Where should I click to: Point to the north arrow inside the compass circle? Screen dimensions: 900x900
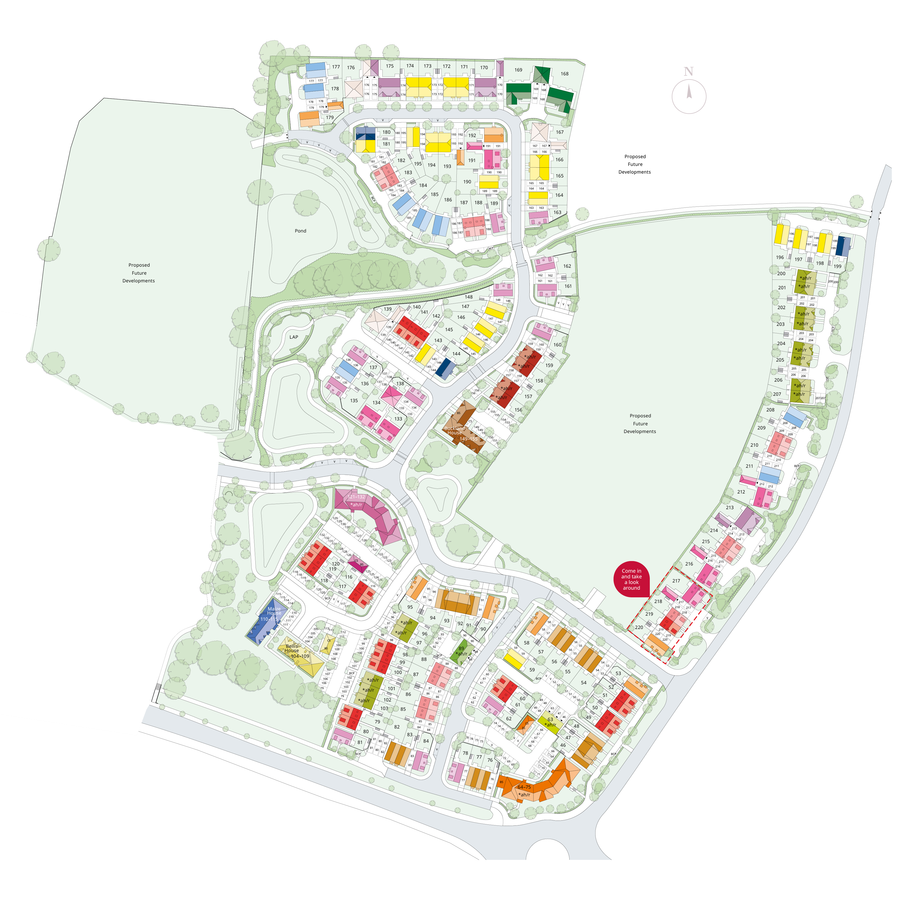click(x=689, y=90)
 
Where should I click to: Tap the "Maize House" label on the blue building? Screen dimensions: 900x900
click(x=274, y=611)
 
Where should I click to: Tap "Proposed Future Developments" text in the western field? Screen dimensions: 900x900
click(x=139, y=273)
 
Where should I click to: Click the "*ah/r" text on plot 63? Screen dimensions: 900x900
click(x=551, y=725)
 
